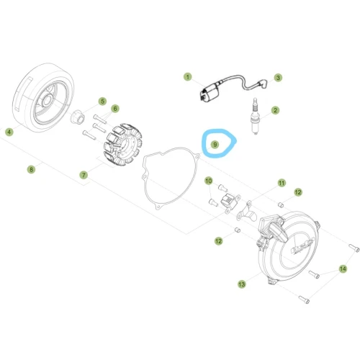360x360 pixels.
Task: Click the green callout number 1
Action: tap(188, 77)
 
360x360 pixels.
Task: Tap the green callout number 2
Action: tap(275, 110)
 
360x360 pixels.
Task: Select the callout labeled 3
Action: tap(278, 78)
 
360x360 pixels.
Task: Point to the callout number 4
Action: tap(9, 132)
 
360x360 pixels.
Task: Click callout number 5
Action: tap(102, 102)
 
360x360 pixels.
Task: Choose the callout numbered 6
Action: tap(115, 109)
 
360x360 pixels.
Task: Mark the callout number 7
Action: tap(84, 175)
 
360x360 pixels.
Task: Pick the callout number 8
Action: tap(31, 170)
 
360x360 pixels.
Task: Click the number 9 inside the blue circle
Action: tap(215, 145)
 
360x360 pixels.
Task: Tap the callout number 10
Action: tap(209, 181)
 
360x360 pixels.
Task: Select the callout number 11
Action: tap(282, 183)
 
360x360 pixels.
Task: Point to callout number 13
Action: tap(242, 284)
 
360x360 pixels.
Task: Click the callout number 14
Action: tap(343, 269)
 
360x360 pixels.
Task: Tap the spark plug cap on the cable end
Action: tap(262, 84)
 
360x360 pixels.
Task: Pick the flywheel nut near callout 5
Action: tap(77, 116)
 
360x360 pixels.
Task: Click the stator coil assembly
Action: tap(122, 145)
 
